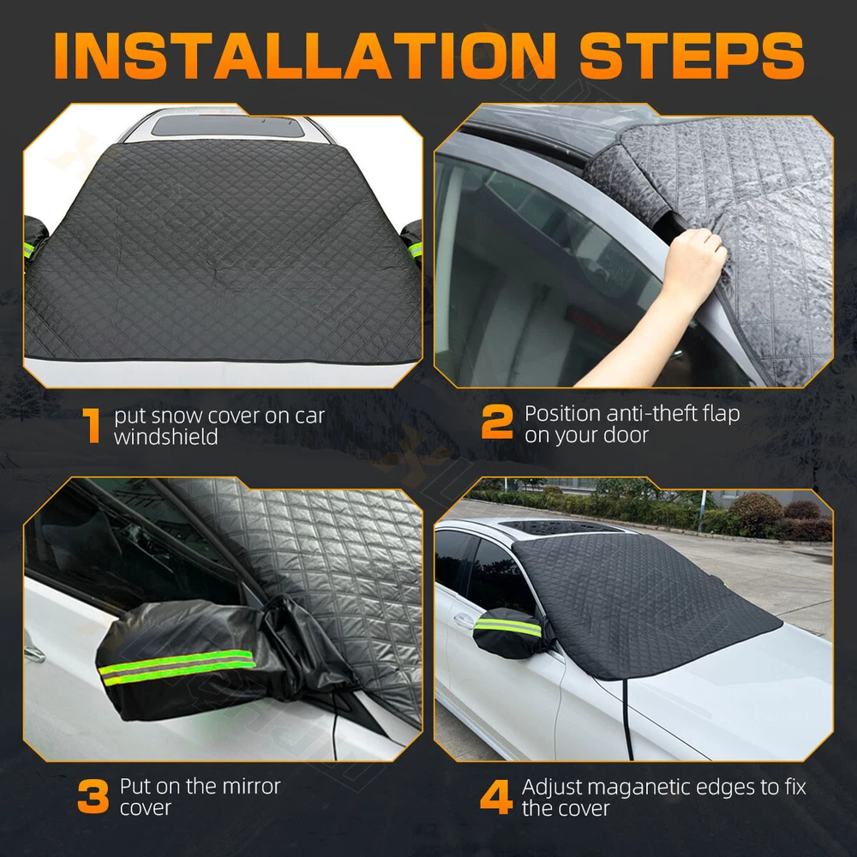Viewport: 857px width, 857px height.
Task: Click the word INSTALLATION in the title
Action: (305, 55)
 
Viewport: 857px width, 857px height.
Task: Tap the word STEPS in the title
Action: (692, 55)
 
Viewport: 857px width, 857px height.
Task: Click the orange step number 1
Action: (92, 425)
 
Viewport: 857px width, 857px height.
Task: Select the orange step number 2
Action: (497, 422)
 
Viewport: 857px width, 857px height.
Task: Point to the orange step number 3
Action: (93, 796)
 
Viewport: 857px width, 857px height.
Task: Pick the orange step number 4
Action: (496, 797)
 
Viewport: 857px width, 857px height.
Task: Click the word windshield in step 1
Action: (166, 437)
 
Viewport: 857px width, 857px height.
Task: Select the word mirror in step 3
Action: (247, 786)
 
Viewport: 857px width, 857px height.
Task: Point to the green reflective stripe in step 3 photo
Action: (177, 666)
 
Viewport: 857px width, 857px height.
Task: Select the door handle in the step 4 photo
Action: (464, 620)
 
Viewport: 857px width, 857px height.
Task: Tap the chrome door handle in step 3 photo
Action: (34, 653)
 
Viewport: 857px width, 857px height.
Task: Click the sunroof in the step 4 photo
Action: (563, 528)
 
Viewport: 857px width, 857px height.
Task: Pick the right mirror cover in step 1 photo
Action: (413, 243)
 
